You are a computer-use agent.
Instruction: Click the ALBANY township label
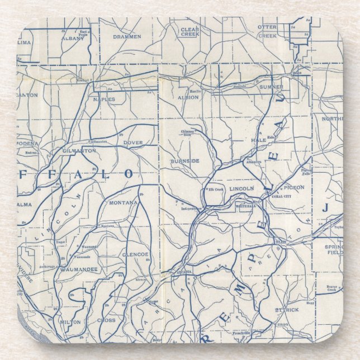[x=73, y=39]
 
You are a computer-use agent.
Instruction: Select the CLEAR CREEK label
[x=190, y=31]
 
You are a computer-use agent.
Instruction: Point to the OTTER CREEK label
[x=267, y=31]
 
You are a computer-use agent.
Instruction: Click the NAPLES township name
[x=104, y=100]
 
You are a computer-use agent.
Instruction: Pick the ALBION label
[x=188, y=97]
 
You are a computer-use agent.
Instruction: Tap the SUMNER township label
[x=271, y=88]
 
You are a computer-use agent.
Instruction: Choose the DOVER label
[x=133, y=143]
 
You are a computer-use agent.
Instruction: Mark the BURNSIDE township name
[x=185, y=160]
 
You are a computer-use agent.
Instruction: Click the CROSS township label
[x=106, y=320]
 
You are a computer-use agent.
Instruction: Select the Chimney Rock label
[x=186, y=133]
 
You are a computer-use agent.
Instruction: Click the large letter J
[x=324, y=208]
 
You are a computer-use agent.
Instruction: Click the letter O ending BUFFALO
[x=129, y=174]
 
